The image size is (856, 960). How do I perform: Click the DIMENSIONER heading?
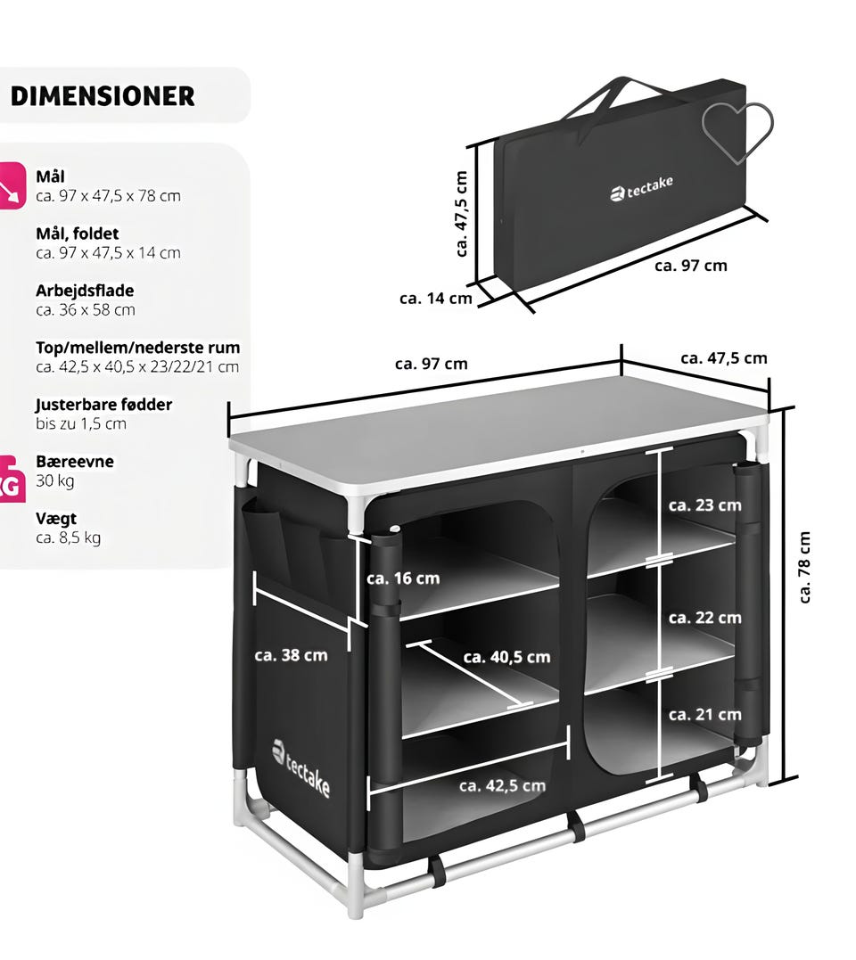(103, 96)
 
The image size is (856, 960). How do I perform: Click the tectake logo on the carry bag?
(641, 188)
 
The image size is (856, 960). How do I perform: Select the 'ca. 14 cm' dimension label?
(435, 299)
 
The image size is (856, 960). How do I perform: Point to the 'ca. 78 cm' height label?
(804, 567)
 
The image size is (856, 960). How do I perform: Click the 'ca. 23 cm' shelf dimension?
(704, 505)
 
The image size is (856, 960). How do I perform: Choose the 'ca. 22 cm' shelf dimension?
(704, 617)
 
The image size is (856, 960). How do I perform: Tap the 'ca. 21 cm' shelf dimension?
(704, 714)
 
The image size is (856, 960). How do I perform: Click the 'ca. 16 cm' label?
(403, 578)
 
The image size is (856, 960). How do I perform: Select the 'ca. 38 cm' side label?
(291, 655)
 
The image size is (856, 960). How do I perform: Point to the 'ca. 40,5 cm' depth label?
(506, 657)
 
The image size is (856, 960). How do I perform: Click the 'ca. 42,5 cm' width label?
(502, 785)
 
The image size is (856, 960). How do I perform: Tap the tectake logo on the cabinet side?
(300, 768)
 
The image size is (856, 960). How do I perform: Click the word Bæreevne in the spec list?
(75, 461)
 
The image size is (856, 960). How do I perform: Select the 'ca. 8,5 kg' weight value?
(68, 537)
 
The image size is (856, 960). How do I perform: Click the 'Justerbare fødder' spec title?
(103, 404)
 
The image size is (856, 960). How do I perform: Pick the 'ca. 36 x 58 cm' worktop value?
(85, 310)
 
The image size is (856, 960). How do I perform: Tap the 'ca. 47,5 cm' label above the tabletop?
(724, 358)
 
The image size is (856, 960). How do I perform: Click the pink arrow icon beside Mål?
(11, 185)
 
